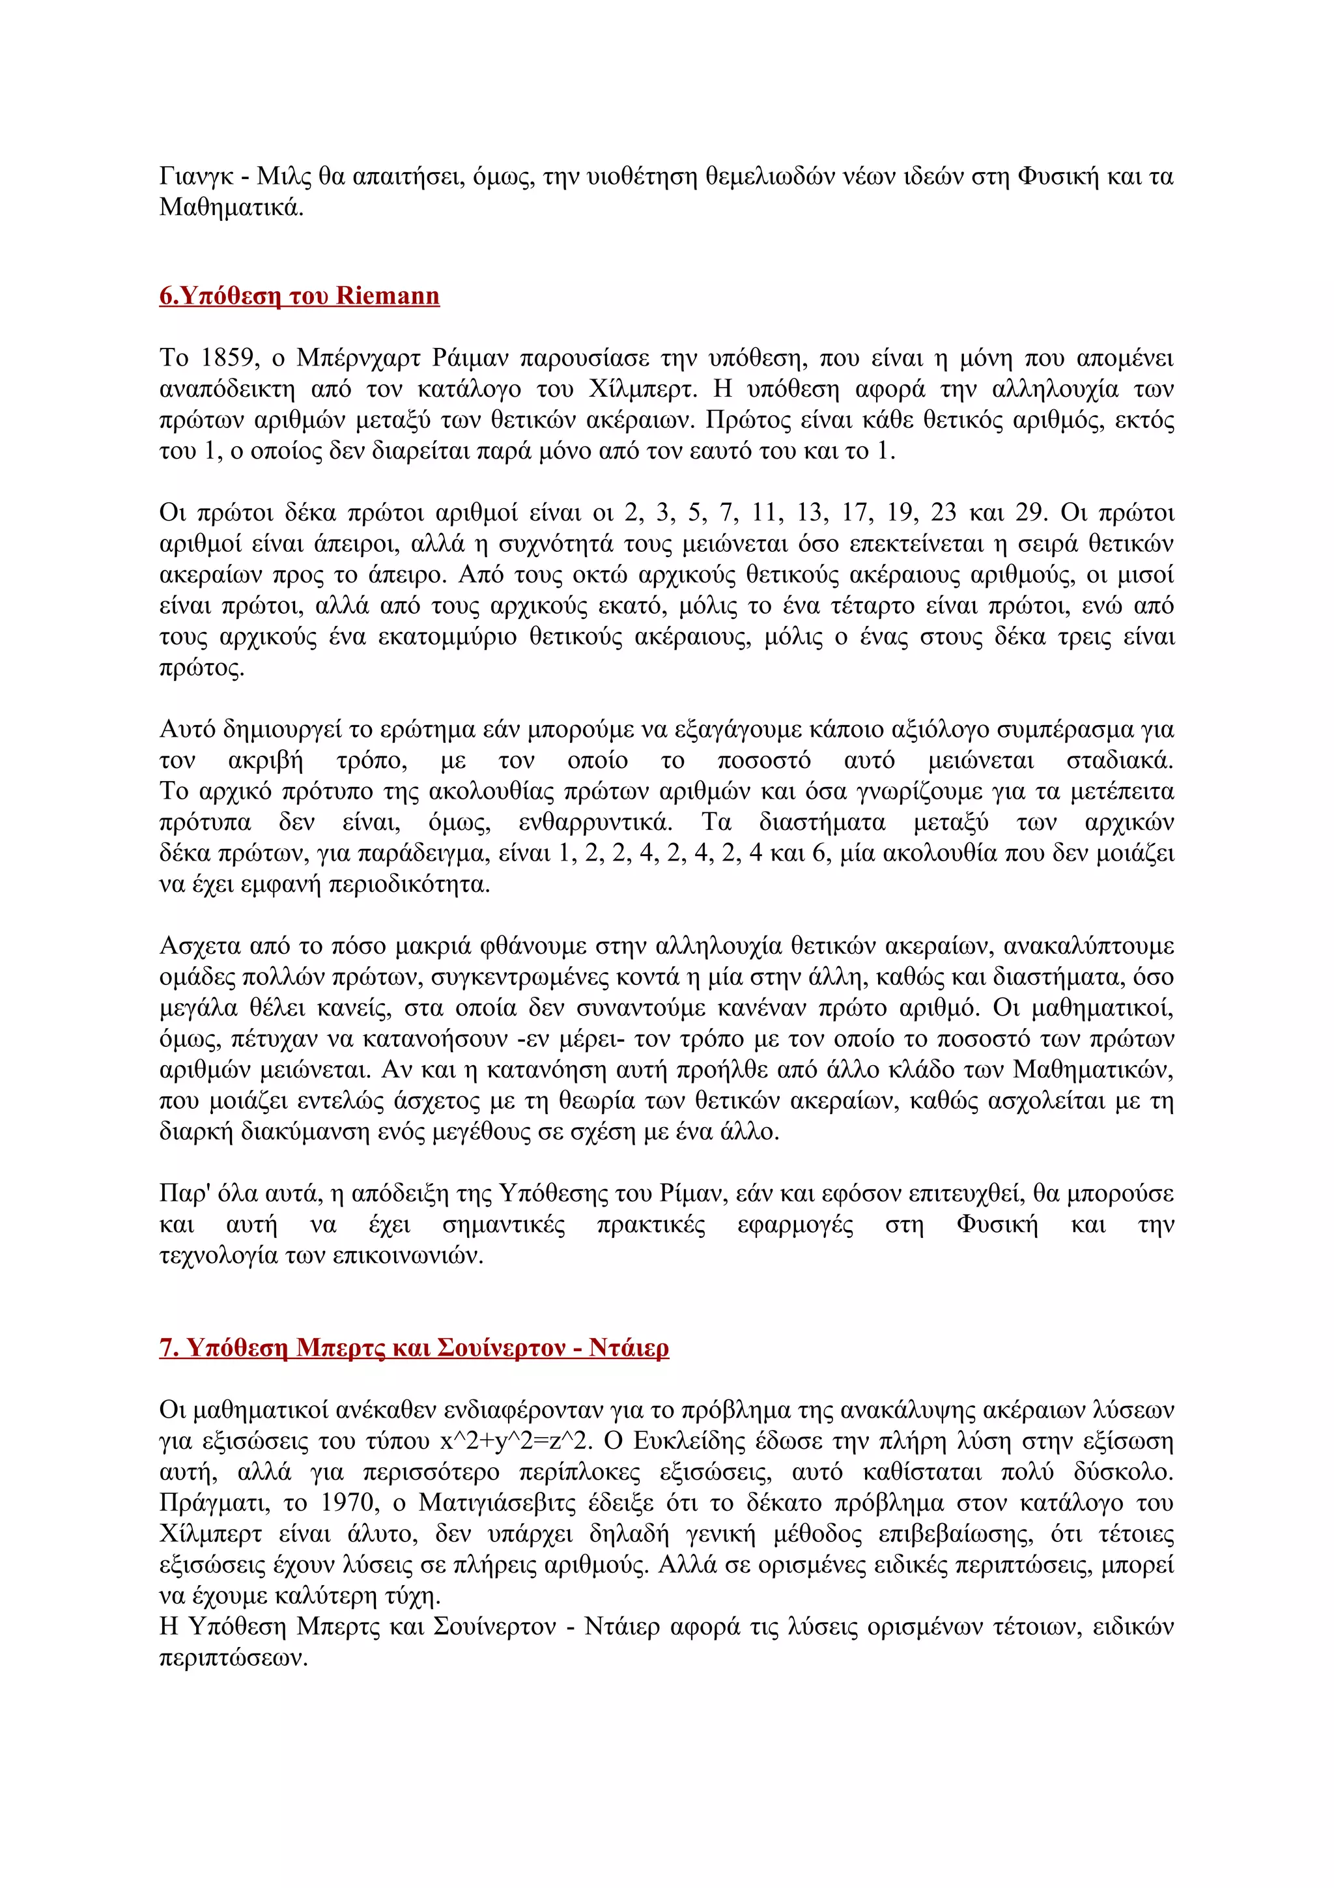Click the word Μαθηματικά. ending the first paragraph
coord(231,207)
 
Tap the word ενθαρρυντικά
coord(595,822)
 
